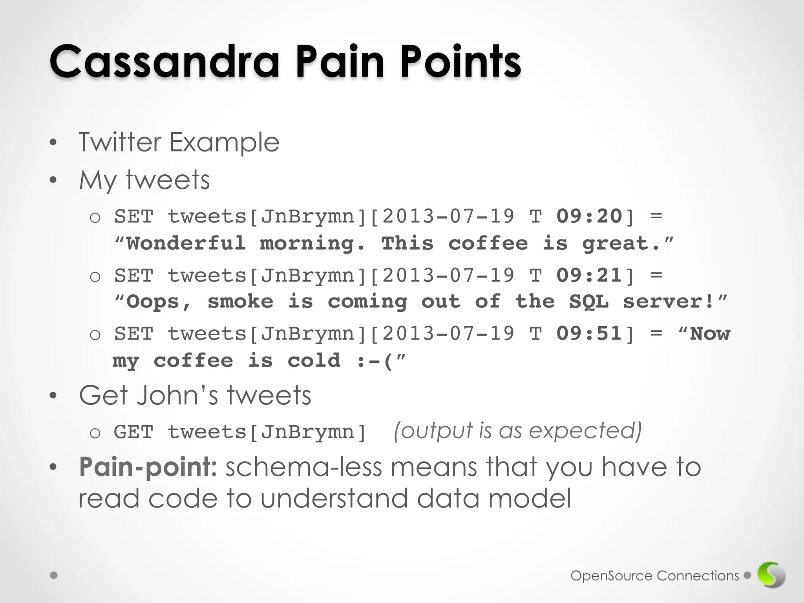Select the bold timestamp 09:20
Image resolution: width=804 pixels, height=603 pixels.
tap(589, 216)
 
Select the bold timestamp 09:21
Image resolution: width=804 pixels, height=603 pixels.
tap(589, 275)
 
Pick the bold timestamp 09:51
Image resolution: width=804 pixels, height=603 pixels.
tap(589, 334)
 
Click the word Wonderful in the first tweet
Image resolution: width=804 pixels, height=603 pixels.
tap(186, 243)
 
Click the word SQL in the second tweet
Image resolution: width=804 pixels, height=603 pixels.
tap(589, 302)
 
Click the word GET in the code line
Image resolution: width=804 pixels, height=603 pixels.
tap(133, 432)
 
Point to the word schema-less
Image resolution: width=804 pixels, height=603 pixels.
tap(303, 467)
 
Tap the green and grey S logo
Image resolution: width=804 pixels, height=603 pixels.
tap(771, 575)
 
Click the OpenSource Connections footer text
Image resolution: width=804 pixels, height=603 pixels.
tap(654, 576)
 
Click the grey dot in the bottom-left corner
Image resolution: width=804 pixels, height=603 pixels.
tap(54, 576)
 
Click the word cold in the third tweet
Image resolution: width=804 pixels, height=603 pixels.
tap(314, 361)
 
